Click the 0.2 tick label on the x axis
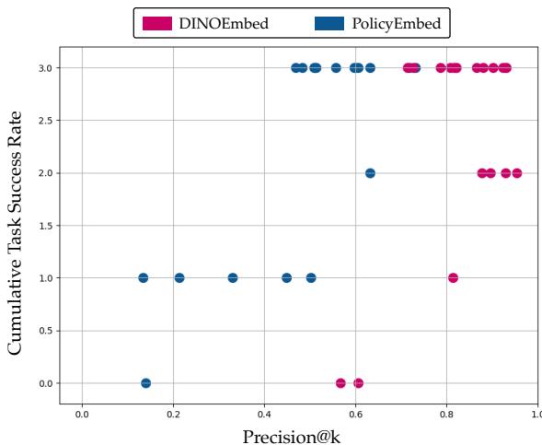click(173, 416)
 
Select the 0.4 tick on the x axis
click(264, 416)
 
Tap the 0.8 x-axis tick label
click(446, 416)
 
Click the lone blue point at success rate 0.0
click(145, 382)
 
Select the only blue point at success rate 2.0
click(370, 173)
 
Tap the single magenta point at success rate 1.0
click(453, 277)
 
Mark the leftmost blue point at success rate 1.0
click(143, 277)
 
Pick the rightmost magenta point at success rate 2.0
click(516, 173)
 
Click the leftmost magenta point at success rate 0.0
click(340, 382)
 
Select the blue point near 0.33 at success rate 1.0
click(233, 277)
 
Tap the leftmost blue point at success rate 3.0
click(295, 68)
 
